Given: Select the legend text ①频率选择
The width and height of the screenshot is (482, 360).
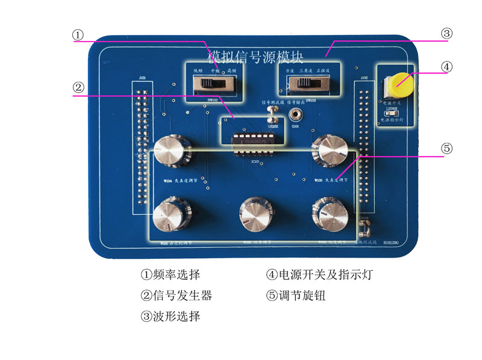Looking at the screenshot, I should pyautogui.click(x=170, y=275).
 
